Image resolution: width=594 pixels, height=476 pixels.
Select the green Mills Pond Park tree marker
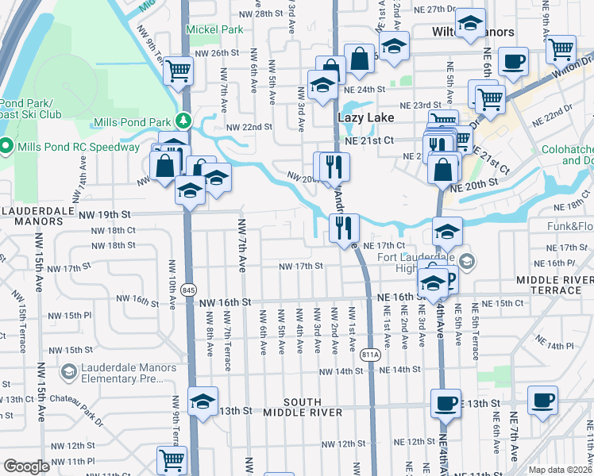[x=184, y=121]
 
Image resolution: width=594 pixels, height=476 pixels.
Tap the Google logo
[x=26, y=466]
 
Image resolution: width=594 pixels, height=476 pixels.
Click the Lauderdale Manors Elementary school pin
[x=69, y=371]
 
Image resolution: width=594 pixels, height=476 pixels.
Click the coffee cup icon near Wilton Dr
[x=514, y=60]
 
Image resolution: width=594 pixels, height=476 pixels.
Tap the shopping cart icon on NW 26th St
[x=179, y=71]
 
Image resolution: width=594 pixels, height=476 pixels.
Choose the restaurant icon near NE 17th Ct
[x=344, y=228]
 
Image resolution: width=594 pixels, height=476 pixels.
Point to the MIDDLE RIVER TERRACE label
[x=554, y=286]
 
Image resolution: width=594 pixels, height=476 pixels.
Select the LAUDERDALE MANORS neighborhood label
[x=32, y=216]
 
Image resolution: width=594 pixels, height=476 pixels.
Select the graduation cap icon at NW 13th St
[x=202, y=401]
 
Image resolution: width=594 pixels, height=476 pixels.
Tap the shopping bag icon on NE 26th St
[x=359, y=58]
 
